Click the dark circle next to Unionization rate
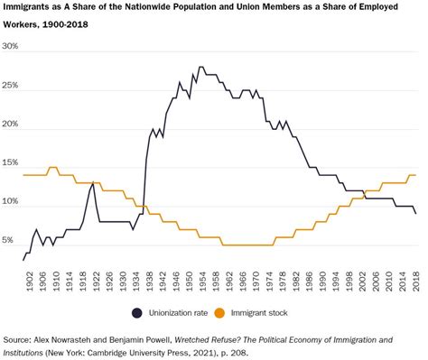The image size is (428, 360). coord(136,312)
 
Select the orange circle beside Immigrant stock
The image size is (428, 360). coord(239,312)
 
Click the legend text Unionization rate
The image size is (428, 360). coord(180,312)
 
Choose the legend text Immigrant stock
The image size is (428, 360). coord(281,312)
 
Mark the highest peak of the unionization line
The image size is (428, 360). coord(200,67)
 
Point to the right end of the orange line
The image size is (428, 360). coord(414,175)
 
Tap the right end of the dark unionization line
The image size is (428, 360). coord(414,214)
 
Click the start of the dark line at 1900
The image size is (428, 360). coord(24,260)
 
